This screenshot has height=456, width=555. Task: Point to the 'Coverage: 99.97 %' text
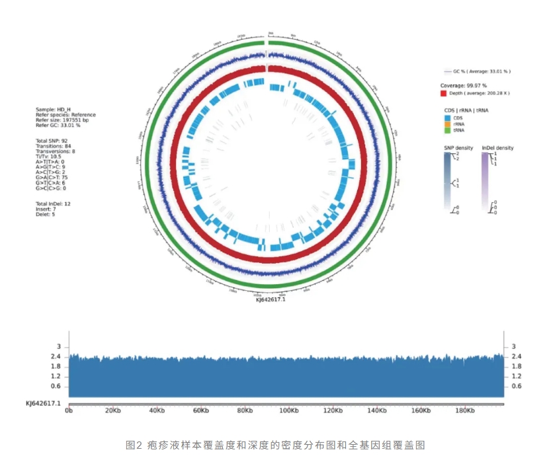[463, 86]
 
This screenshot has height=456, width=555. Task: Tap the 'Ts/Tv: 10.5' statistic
[50, 156]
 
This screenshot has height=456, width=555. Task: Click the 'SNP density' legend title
[458, 148]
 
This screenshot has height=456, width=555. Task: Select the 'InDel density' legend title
[497, 148]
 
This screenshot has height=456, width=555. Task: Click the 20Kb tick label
[112, 410]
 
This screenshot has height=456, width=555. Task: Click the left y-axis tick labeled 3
[59, 346]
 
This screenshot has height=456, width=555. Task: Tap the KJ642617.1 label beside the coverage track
[43, 402]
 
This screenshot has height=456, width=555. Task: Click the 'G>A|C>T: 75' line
[55, 177]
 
